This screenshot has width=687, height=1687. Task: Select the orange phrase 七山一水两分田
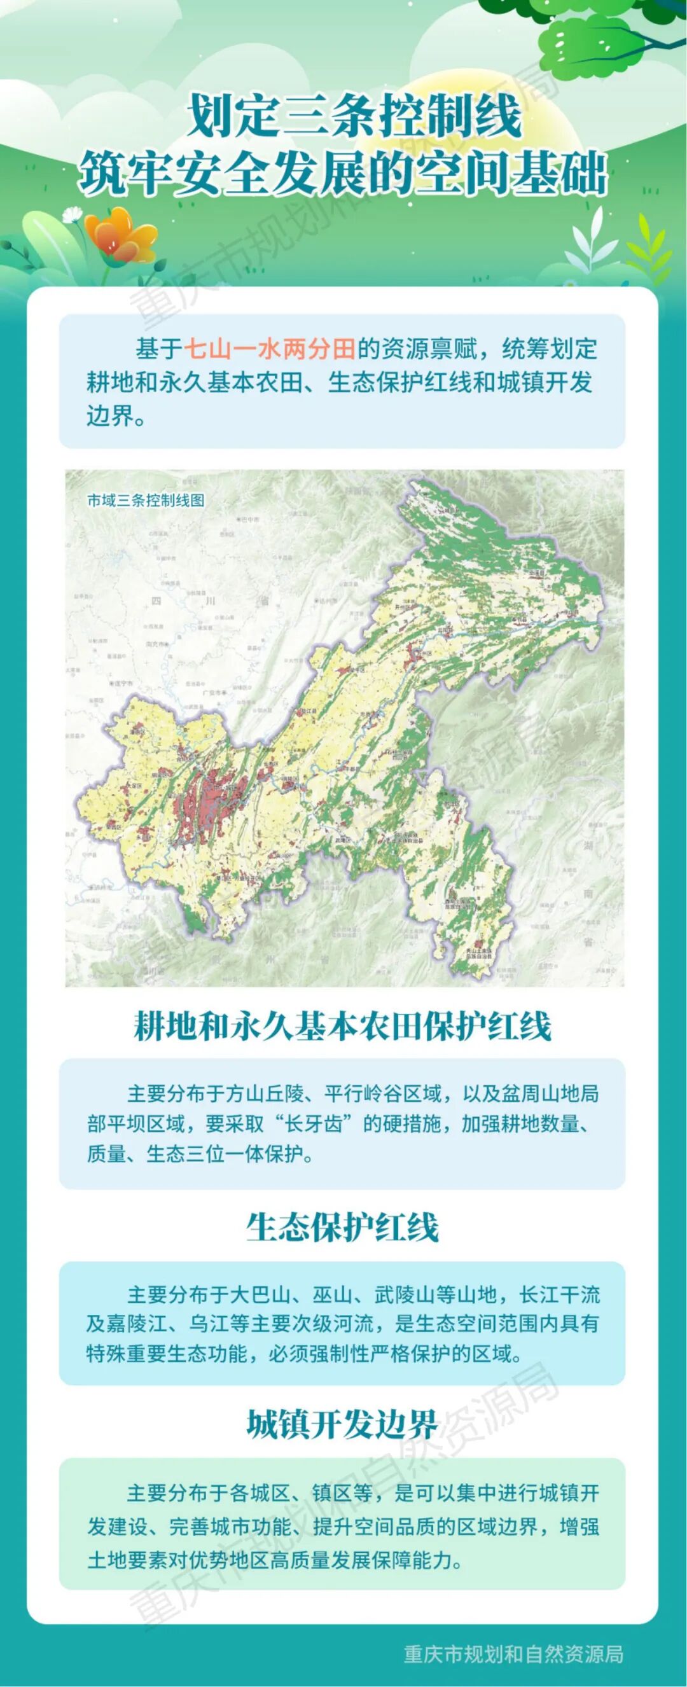click(269, 349)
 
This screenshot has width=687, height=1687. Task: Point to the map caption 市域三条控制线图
click(137, 501)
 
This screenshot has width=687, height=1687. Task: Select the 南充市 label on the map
click(157, 645)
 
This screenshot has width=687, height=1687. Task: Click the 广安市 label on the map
click(215, 692)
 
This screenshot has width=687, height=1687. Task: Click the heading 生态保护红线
click(342, 1226)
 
